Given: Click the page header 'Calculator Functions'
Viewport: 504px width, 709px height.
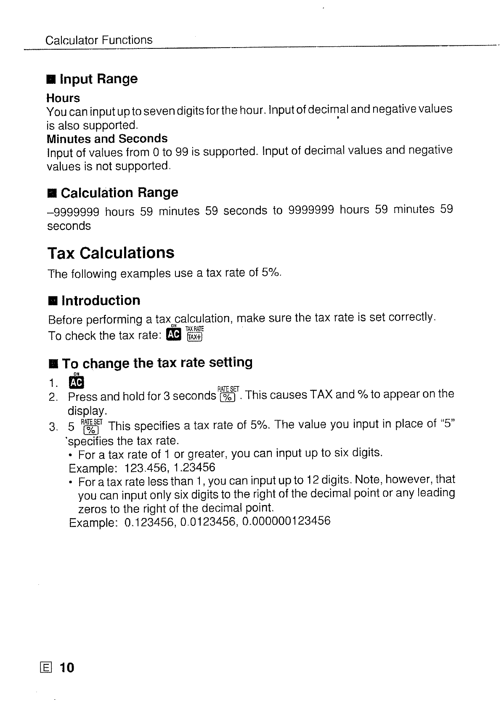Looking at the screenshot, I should pos(98,40).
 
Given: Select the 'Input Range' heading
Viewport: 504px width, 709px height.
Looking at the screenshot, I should pos(99,79).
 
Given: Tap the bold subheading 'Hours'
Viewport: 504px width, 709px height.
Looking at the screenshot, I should pos(63,98).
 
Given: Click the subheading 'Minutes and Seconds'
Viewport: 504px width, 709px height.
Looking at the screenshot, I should pos(107,139).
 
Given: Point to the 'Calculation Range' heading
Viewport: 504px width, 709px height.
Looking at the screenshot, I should pos(119,193).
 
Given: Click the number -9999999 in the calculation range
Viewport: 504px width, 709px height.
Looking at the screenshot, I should pos(73,211).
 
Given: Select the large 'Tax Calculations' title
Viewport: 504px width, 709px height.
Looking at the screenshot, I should pos(110,253).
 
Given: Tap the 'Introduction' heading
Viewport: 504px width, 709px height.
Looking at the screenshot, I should pos(101,301).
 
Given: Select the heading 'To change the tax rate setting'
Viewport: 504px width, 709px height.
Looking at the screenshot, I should pos(157,362).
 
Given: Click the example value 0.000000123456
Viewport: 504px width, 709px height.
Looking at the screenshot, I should pos(286,522).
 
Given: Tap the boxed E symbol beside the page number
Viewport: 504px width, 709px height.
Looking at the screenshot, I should pos(45,668).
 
